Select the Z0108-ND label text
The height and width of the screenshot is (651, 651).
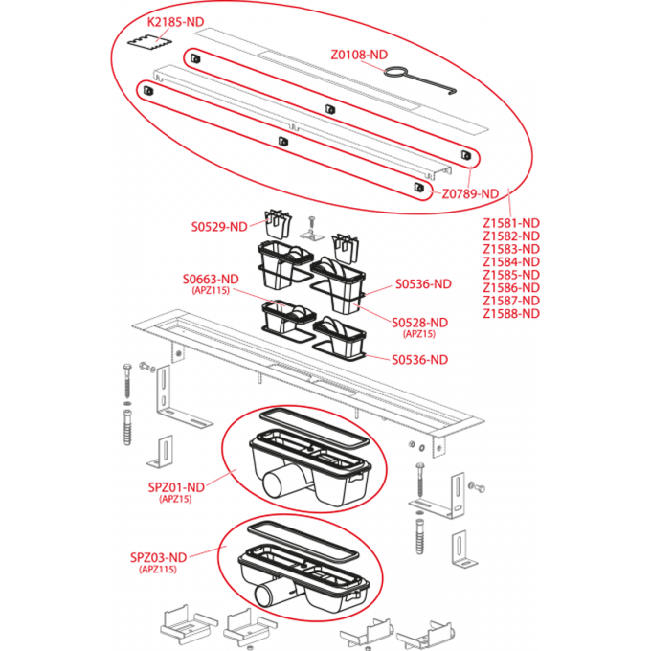click(x=360, y=55)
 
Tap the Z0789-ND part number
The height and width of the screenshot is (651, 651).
click(x=470, y=193)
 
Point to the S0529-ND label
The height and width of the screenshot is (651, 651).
click(x=219, y=227)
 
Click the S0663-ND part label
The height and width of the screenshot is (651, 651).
click(x=211, y=280)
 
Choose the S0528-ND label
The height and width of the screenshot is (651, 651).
click(x=419, y=323)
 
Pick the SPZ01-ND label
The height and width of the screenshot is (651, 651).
click(x=177, y=486)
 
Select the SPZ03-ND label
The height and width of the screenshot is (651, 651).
click(x=159, y=556)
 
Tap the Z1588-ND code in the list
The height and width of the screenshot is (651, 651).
click(x=511, y=313)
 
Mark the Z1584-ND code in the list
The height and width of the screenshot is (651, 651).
click(x=511, y=261)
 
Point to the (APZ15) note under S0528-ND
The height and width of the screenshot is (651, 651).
click(x=419, y=335)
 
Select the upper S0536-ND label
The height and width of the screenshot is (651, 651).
click(x=423, y=284)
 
